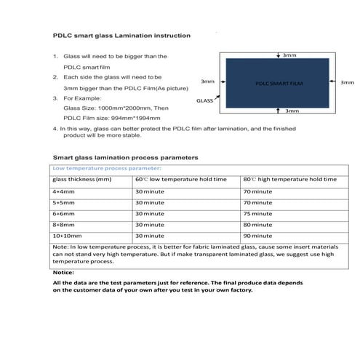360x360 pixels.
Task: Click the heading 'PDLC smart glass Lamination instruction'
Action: [x=122, y=35]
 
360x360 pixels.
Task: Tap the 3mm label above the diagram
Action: [x=289, y=55]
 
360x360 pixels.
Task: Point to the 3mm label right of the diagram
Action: [x=347, y=83]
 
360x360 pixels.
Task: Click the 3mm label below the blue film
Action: [x=292, y=111]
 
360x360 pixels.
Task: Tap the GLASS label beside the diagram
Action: [x=204, y=103]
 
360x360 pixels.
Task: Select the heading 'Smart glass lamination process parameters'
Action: [x=125, y=157]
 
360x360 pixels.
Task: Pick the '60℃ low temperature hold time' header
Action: [x=180, y=179]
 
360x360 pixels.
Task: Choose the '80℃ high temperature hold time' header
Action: [x=289, y=179]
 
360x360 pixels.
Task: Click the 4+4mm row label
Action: [x=63, y=191]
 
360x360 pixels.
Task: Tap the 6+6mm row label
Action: [x=63, y=214]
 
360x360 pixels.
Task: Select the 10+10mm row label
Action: [x=66, y=236]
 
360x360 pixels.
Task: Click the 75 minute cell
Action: [x=257, y=214]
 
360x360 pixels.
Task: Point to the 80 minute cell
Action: [x=257, y=225]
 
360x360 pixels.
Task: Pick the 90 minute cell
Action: [x=257, y=236]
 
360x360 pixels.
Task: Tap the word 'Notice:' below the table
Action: [x=64, y=272]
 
